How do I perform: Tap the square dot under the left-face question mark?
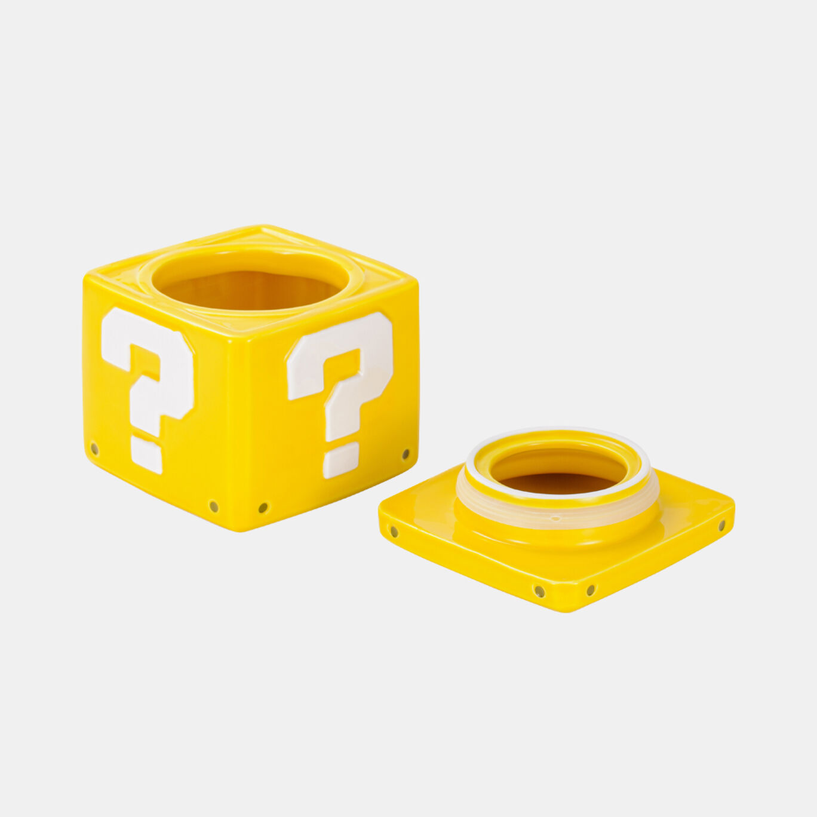[146, 455]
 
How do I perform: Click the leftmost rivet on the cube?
[94, 448]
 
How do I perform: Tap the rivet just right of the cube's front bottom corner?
[263, 507]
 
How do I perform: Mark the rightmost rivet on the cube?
[406, 454]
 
